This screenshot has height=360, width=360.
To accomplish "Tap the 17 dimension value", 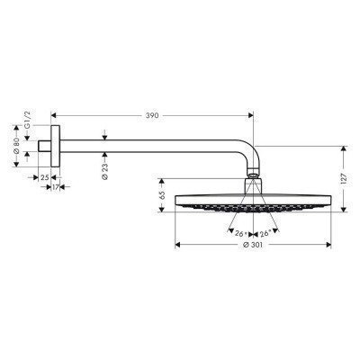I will point(55,187).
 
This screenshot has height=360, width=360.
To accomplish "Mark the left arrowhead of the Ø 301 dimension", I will point(177,243).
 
